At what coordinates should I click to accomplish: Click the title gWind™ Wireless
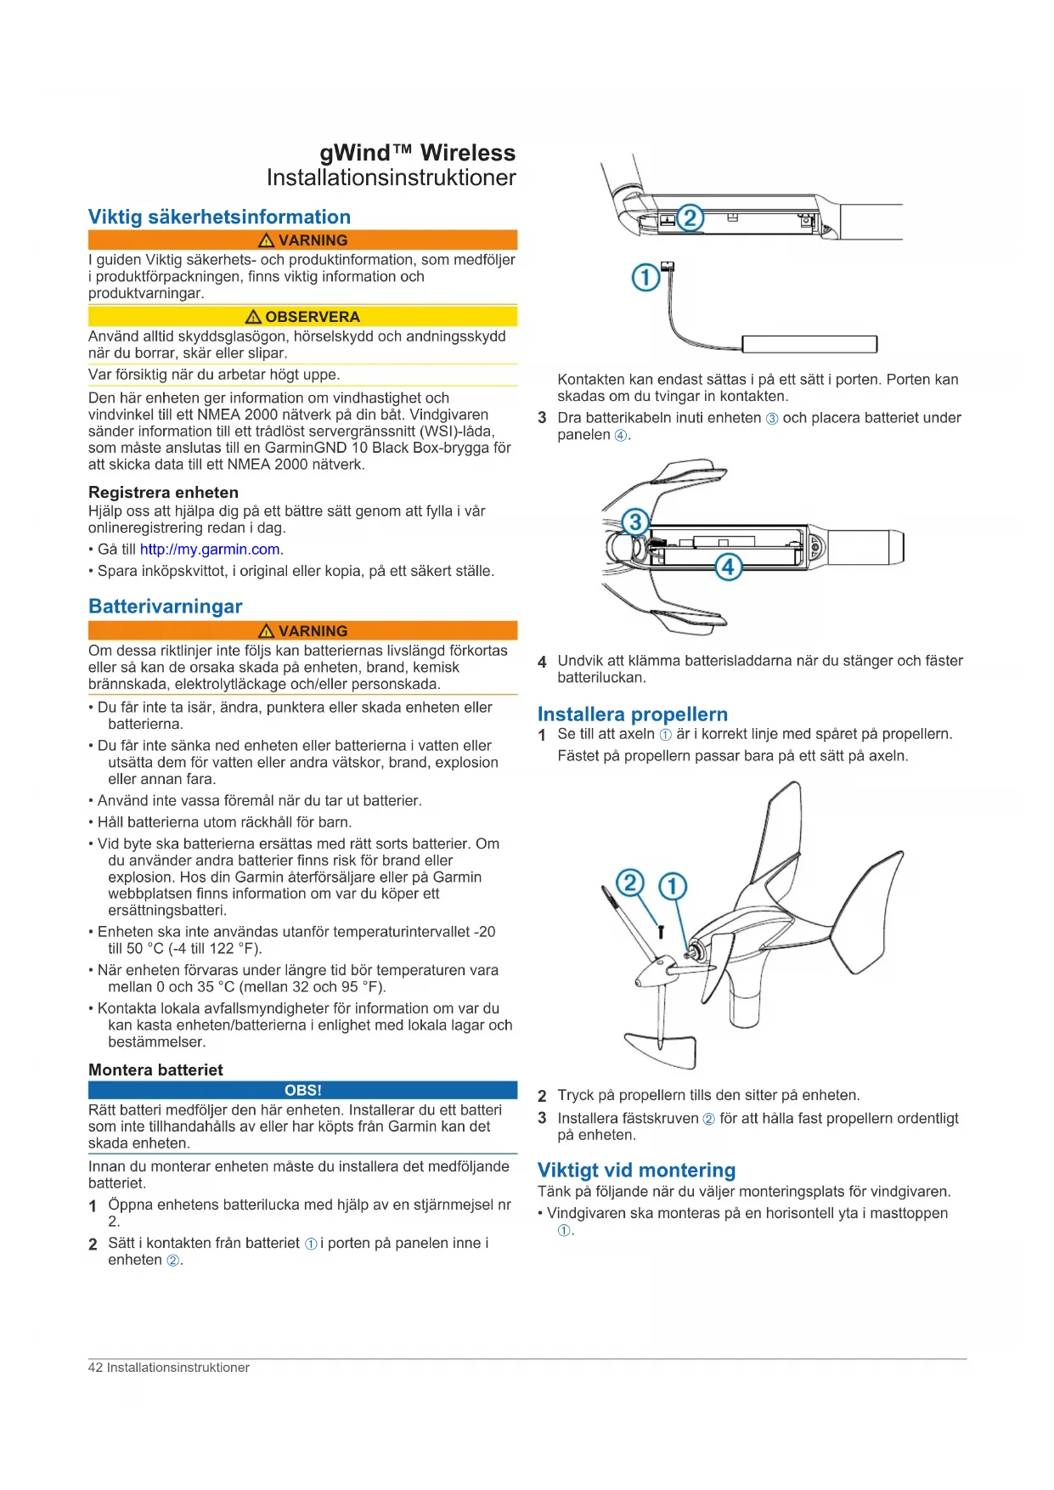pyautogui.click(x=417, y=153)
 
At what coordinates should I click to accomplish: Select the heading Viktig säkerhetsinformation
pyautogui.click(x=219, y=217)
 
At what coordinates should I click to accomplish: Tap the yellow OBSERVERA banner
pyautogui.click(x=302, y=317)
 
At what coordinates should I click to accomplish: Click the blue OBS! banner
pyautogui.click(x=302, y=1090)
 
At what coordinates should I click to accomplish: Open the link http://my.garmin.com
pyautogui.click(x=210, y=550)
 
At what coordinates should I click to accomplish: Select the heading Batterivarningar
pyautogui.click(x=165, y=607)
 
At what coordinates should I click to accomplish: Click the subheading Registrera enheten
pyautogui.click(x=163, y=493)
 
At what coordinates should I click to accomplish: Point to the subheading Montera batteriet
pyautogui.click(x=155, y=1070)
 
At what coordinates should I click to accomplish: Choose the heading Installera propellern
pyautogui.click(x=632, y=714)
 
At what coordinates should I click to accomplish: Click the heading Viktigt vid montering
pyautogui.click(x=636, y=1171)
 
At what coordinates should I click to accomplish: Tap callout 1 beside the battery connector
pyautogui.click(x=645, y=277)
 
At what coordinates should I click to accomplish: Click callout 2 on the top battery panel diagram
pyautogui.click(x=690, y=218)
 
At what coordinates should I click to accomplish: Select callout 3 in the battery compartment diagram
pyautogui.click(x=634, y=522)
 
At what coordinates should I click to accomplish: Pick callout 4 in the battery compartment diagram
pyautogui.click(x=728, y=567)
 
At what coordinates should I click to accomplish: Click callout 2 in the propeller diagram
pyautogui.click(x=629, y=883)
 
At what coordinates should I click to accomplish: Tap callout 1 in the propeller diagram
pyautogui.click(x=673, y=887)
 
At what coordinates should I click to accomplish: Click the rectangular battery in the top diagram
pyautogui.click(x=809, y=344)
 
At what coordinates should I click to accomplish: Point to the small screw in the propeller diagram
pyautogui.click(x=661, y=931)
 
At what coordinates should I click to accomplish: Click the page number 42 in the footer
pyautogui.click(x=95, y=1368)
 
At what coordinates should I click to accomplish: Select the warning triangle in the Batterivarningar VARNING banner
pyautogui.click(x=266, y=631)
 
